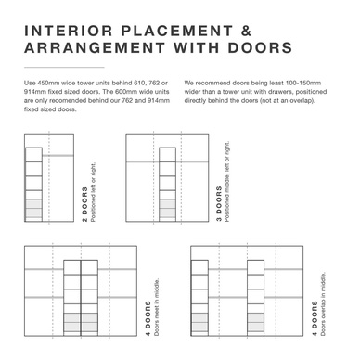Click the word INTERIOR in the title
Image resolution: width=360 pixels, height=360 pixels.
[69, 31]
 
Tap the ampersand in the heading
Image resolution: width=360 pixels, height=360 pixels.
[246, 31]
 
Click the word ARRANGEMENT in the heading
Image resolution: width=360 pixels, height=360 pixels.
[95, 47]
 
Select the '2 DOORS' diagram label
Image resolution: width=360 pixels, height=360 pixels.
[84, 205]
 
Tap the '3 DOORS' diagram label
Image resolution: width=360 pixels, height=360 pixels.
[219, 204]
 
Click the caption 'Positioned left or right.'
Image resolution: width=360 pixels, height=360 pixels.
[94, 192]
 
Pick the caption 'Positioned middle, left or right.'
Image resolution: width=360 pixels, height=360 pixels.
[227, 182]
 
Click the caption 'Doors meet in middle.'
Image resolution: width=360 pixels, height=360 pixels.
[157, 307]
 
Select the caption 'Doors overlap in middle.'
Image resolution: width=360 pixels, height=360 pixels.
[323, 304]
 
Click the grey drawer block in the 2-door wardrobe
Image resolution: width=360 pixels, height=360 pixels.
[33, 208]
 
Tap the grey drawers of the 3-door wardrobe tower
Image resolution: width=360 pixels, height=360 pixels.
[167, 208]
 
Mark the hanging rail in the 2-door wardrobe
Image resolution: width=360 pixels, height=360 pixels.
[58, 155]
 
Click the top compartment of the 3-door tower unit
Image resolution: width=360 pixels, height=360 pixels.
[167, 154]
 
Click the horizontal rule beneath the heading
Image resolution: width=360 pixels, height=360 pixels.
[64, 67]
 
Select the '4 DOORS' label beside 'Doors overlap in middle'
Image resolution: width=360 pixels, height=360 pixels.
[315, 318]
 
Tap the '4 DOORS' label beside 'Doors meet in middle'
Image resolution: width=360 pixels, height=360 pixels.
[148, 318]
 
